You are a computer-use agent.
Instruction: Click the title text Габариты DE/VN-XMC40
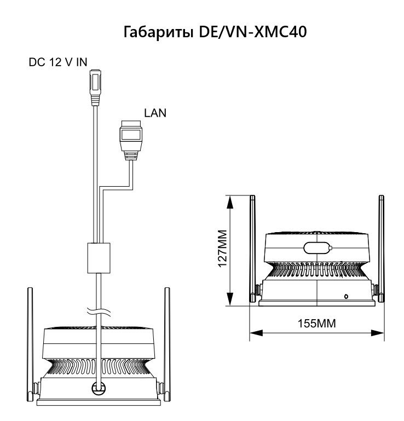(x=215, y=32)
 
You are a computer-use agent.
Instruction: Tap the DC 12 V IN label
(x=58, y=62)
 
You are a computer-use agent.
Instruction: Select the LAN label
(x=155, y=113)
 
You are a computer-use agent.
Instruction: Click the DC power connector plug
(x=95, y=88)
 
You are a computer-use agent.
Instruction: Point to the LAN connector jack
(x=131, y=140)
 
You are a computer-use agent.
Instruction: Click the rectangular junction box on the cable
(x=99, y=258)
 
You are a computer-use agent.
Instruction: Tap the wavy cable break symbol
(x=99, y=312)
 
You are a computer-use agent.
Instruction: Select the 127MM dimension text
(x=223, y=249)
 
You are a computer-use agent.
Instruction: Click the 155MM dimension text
(x=317, y=323)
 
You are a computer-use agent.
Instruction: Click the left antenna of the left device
(x=30, y=344)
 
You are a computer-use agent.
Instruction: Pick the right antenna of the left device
(x=167, y=344)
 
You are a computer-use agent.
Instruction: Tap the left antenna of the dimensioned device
(x=252, y=249)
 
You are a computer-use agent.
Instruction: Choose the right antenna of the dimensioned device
(x=382, y=249)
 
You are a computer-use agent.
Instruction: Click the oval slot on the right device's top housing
(x=318, y=247)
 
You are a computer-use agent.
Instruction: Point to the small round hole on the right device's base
(x=346, y=296)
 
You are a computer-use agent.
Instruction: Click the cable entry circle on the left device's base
(x=99, y=388)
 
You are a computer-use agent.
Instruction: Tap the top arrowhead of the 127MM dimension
(x=230, y=202)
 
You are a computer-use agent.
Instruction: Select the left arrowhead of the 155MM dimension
(x=256, y=333)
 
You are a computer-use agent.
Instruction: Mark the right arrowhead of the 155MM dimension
(x=377, y=333)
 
